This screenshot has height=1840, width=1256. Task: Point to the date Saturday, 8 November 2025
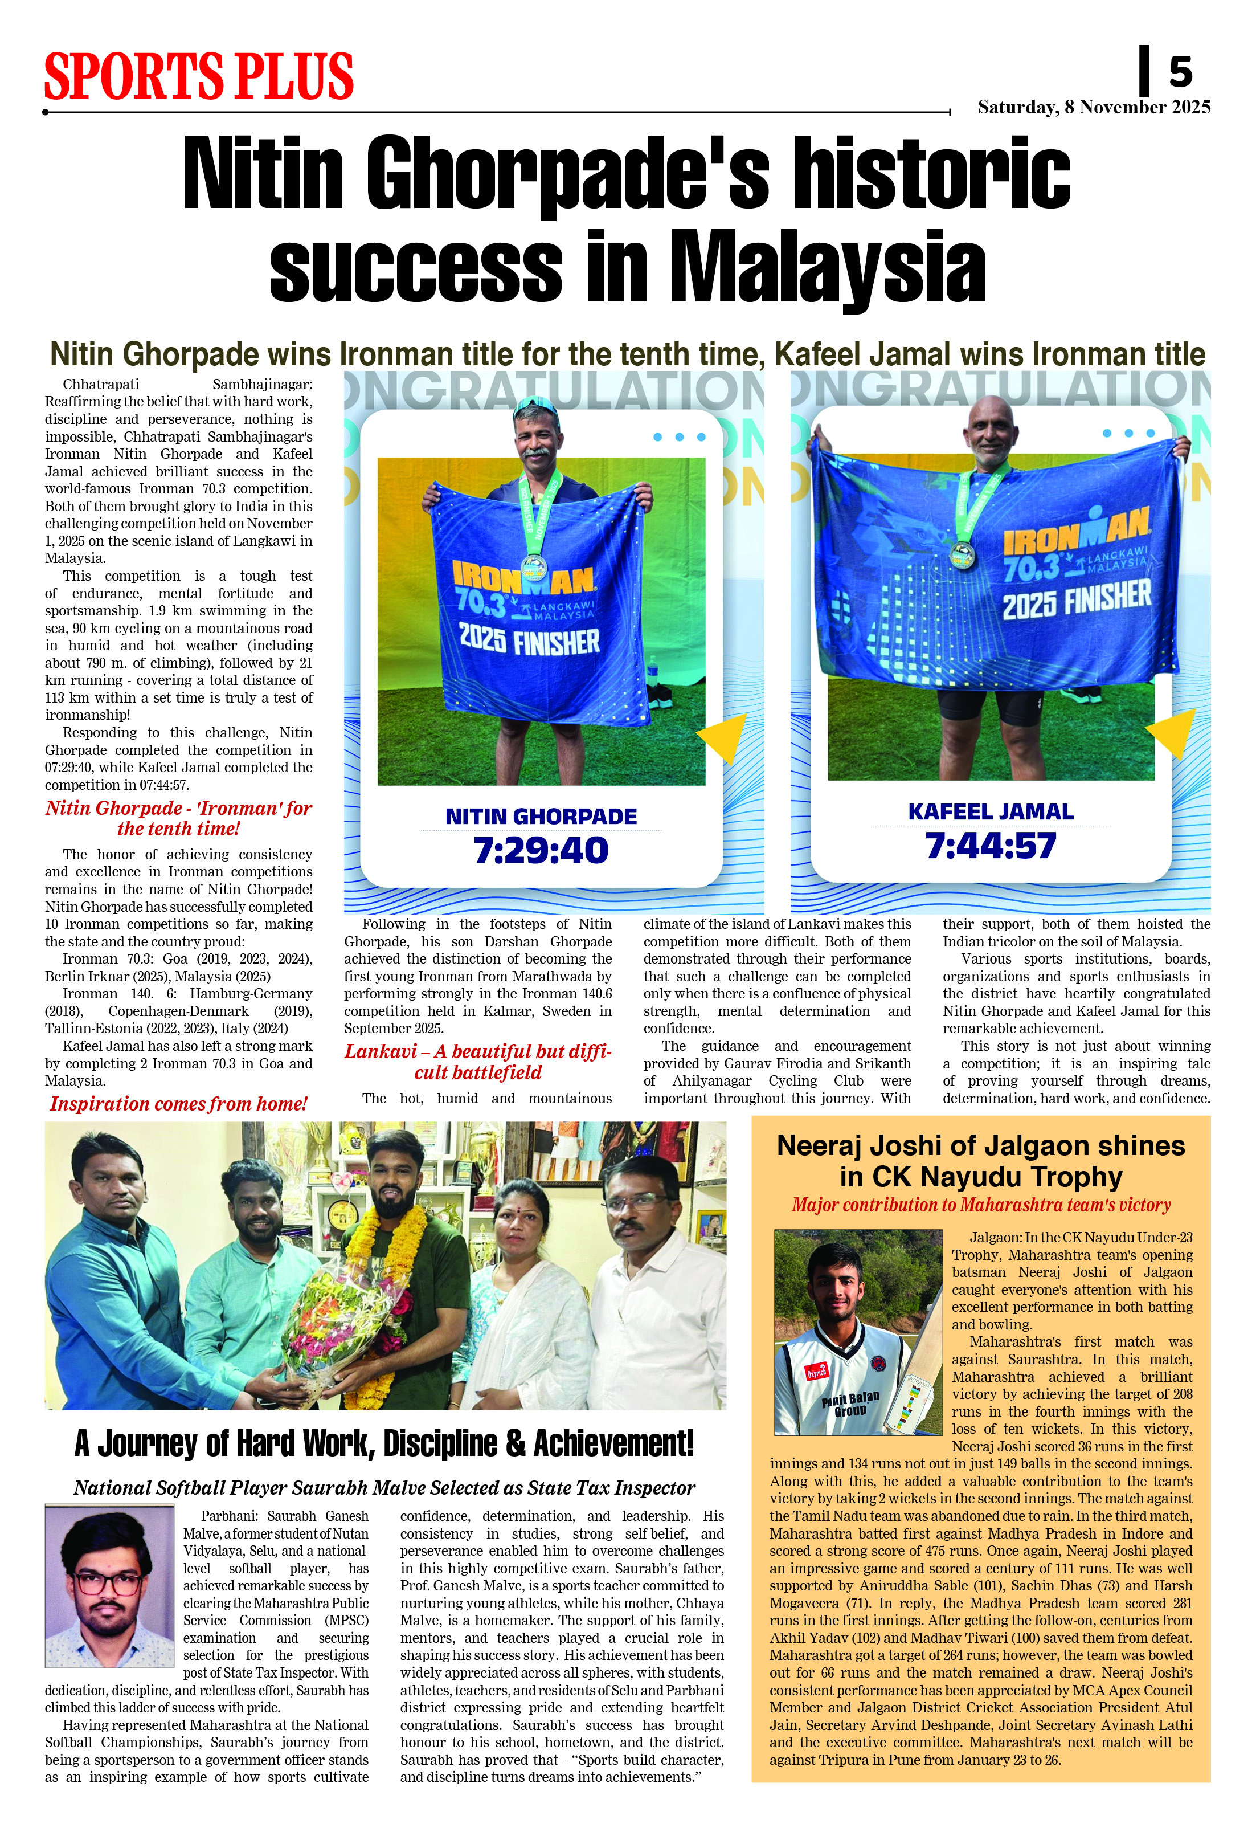1094,107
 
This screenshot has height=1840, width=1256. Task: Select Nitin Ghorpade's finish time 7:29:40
541,850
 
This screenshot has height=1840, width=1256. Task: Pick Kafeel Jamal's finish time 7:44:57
991,846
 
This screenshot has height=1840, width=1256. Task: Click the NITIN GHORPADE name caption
541,816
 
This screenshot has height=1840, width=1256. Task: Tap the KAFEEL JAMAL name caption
991,811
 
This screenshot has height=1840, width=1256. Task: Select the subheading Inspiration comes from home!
179,1104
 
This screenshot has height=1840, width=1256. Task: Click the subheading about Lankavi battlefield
478,1062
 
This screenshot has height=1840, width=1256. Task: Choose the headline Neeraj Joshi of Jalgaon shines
980,1161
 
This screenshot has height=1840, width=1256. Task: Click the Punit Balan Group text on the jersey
851,1403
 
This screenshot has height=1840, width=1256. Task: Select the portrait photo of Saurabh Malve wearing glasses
109,1586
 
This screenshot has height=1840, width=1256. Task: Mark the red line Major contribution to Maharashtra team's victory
980,1205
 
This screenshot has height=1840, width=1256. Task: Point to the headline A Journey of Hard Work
384,1443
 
